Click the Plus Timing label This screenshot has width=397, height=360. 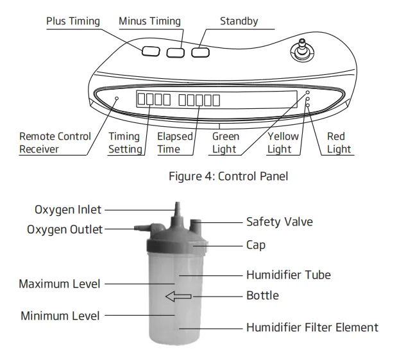point(73,21)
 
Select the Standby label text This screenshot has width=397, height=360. point(239,21)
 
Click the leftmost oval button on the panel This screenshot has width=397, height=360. point(151,50)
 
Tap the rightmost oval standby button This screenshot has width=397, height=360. point(201,51)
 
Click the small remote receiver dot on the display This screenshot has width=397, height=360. point(117,98)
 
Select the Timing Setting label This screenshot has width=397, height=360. point(124,142)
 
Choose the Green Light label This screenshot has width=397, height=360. point(225,142)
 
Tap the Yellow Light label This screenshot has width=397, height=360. point(283,142)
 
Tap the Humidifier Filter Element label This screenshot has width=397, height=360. point(312,327)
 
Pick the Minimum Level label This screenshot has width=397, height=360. point(60,315)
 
